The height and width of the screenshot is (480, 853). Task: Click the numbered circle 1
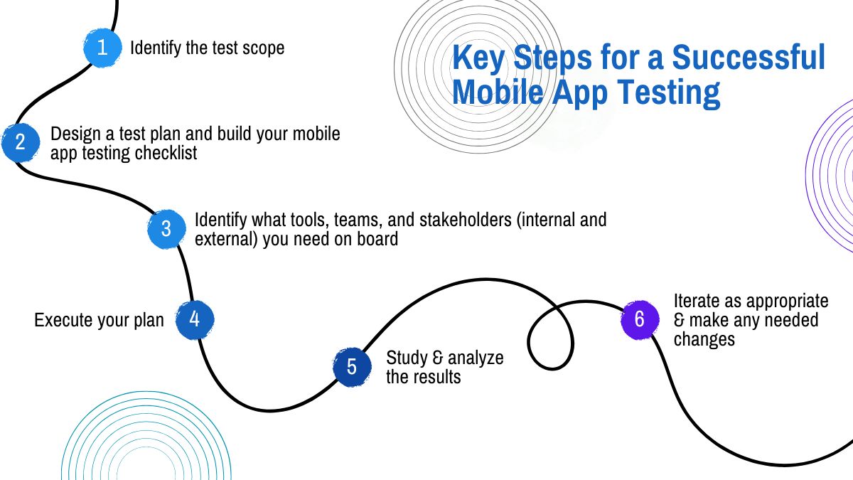[x=102, y=48]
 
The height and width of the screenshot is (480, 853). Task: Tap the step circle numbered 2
[x=21, y=142]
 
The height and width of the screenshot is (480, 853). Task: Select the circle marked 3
[x=166, y=229]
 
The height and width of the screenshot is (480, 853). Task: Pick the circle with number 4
[x=195, y=319]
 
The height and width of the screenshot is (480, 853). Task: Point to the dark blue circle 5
[x=352, y=367]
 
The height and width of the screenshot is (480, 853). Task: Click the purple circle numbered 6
[x=640, y=319]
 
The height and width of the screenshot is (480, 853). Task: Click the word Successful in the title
[x=749, y=57]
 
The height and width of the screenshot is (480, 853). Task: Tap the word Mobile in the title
[x=498, y=92]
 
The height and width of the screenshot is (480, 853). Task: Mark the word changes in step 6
[x=704, y=340]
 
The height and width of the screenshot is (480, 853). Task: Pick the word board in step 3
[x=377, y=239]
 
